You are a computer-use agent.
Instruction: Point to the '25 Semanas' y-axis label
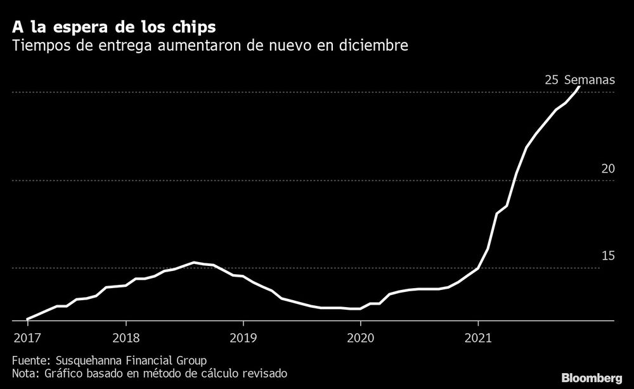pyautogui.click(x=579, y=80)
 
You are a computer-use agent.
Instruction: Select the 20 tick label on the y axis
pyautogui.click(x=608, y=168)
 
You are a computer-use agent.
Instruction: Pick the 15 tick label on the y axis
pyautogui.click(x=608, y=256)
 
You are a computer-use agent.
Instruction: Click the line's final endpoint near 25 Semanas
pyautogui.click(x=579, y=87)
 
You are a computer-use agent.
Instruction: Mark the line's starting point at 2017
pyautogui.click(x=27, y=319)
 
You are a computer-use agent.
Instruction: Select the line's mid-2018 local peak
pyautogui.click(x=194, y=262)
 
